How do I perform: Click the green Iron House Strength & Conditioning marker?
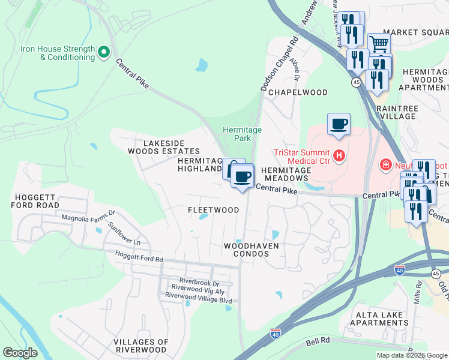(104, 53)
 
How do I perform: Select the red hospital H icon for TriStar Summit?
(339, 156)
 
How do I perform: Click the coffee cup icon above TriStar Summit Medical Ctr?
(339, 124)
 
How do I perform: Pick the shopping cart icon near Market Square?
(379, 44)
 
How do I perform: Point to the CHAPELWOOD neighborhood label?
(298, 92)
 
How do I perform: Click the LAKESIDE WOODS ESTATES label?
(163, 147)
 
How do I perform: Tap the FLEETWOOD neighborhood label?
(213, 210)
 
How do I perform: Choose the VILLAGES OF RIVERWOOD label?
(140, 345)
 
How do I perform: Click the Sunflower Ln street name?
(124, 234)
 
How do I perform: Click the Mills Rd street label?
(418, 294)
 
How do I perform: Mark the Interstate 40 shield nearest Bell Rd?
(276, 333)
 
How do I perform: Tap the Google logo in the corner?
(20, 353)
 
